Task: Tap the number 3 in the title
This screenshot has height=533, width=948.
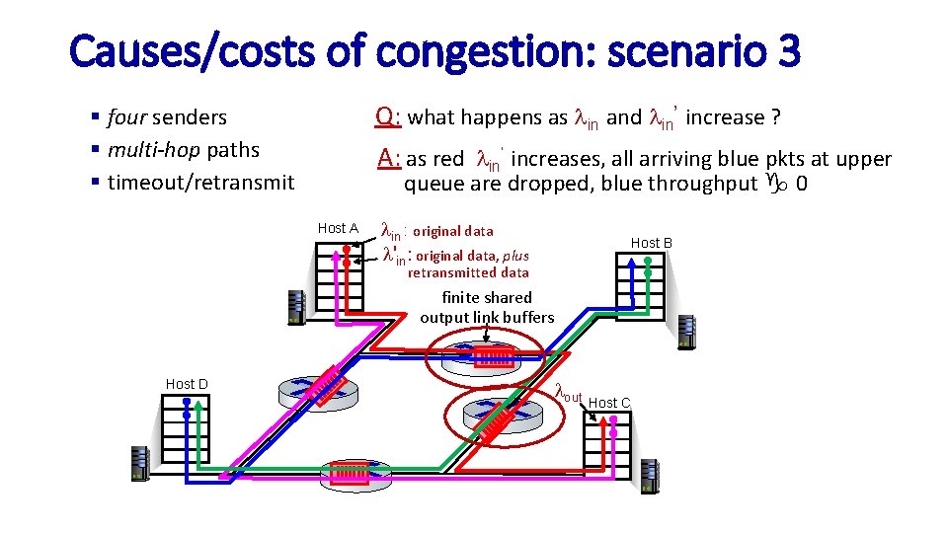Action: click(787, 51)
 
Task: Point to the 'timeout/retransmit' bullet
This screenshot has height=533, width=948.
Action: click(200, 183)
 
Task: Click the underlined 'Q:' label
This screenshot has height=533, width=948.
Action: click(388, 117)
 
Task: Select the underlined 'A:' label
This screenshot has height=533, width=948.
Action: click(388, 159)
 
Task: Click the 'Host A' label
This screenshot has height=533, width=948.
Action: click(338, 228)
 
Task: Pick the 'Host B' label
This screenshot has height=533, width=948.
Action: click(652, 243)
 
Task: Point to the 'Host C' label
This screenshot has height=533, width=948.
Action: click(609, 403)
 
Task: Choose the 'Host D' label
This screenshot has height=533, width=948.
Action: click(187, 384)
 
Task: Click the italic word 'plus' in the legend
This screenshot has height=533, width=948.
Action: click(513, 256)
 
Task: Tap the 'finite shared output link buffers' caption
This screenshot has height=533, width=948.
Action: click(487, 307)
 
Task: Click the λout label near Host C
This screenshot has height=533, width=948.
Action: click(569, 393)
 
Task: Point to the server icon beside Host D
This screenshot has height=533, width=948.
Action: click(139, 464)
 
